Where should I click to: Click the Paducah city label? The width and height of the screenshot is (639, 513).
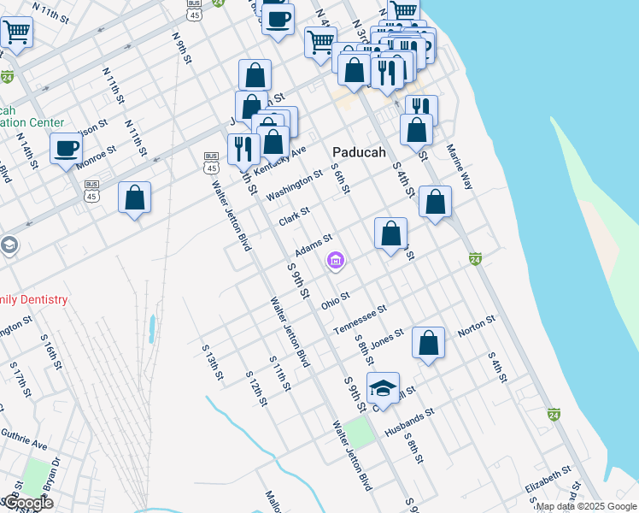(358, 151)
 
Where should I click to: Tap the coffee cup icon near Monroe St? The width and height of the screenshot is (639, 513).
(66, 149)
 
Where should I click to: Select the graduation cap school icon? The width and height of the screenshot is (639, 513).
(384, 388)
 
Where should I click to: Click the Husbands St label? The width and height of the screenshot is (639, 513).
(410, 422)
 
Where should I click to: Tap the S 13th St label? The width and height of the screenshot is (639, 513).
(211, 362)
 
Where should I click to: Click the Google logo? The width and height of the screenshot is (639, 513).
(27, 503)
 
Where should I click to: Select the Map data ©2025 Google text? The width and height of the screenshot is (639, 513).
(586, 506)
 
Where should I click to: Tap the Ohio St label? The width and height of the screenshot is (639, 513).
(335, 300)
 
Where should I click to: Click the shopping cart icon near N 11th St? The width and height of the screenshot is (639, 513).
(15, 33)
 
